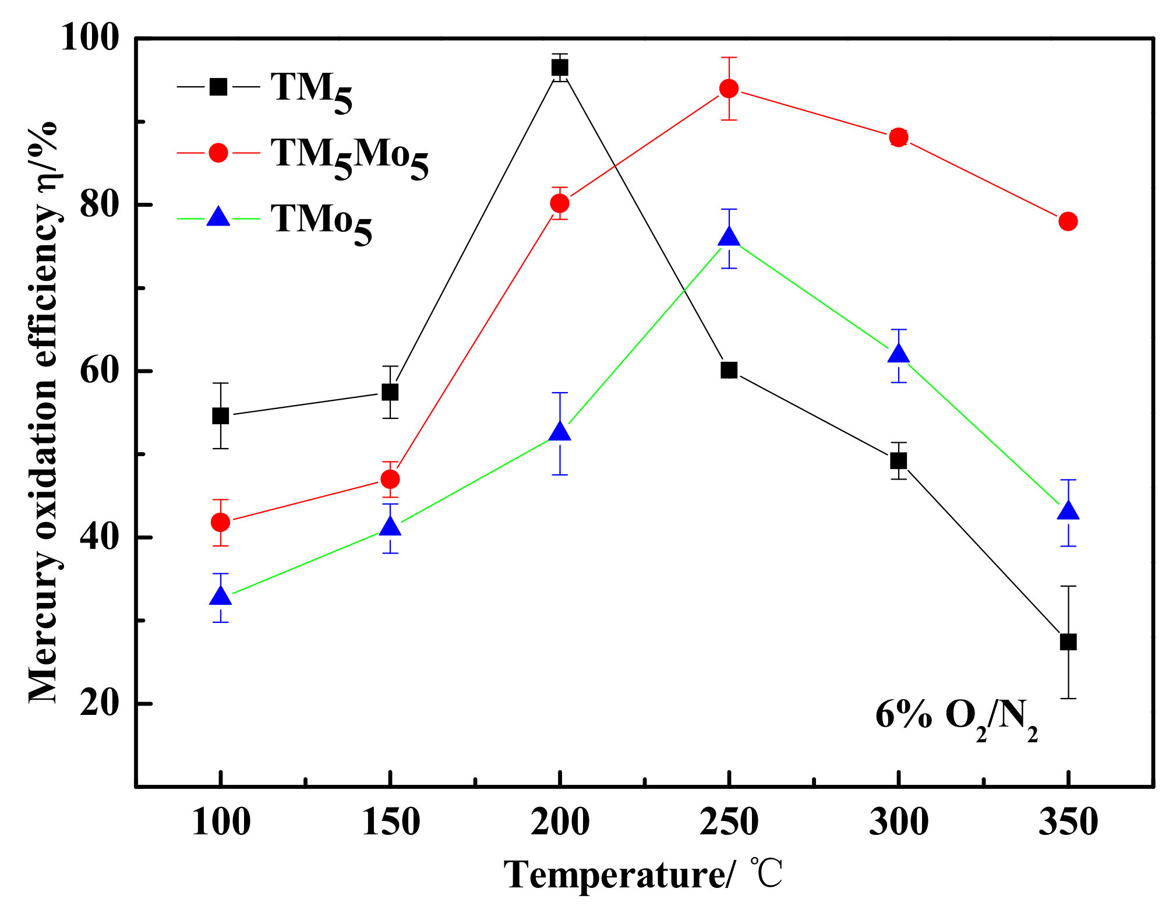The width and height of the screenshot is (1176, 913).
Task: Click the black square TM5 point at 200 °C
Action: tap(560, 68)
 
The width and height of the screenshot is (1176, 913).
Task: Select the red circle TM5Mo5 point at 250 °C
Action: tap(729, 89)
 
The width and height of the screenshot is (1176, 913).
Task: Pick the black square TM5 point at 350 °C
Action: tap(1068, 642)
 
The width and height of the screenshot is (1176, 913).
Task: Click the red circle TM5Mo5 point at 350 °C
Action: tap(1068, 221)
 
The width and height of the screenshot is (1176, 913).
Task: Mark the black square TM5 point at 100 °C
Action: tap(220, 416)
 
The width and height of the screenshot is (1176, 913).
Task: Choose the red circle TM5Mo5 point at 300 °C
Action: tap(898, 138)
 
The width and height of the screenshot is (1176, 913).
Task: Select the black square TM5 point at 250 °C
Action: tap(729, 370)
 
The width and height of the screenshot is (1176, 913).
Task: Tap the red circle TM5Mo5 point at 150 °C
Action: tap(390, 480)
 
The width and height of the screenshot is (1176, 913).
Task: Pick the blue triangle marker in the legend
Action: tap(218, 217)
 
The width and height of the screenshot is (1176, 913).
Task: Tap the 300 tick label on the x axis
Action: tap(898, 823)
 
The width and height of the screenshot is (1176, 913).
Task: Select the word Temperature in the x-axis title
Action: tap(615, 875)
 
